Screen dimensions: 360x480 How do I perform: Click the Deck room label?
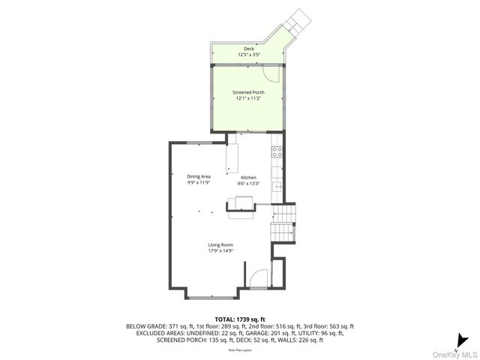(249, 49)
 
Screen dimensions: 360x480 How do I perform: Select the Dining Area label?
(199, 176)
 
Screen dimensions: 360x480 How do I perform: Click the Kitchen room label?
(248, 178)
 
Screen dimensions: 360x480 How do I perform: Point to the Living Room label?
(221, 244)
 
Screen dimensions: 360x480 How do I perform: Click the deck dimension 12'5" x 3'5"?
(249, 55)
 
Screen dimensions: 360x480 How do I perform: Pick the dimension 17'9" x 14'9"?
(221, 250)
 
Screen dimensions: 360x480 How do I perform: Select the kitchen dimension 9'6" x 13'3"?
(248, 183)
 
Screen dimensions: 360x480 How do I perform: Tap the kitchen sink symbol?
(277, 185)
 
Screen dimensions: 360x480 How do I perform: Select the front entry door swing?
(256, 278)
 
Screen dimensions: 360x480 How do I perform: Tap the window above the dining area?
(198, 142)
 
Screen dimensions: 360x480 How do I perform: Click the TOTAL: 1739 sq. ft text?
(240, 319)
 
